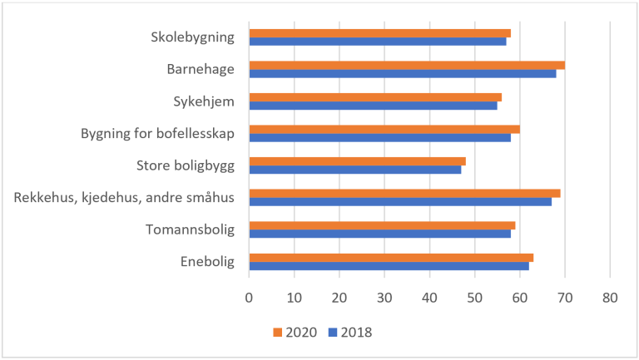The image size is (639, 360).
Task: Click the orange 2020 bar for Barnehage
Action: pyautogui.click(x=407, y=65)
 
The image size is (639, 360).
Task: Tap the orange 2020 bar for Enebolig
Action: pyautogui.click(x=391, y=257)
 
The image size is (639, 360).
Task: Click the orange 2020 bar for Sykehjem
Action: pyautogui.click(x=375, y=97)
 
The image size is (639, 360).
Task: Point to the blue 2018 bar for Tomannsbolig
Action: pyautogui.click(x=379, y=234)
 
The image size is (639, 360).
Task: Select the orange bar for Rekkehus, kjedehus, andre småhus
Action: pyautogui.click(x=404, y=193)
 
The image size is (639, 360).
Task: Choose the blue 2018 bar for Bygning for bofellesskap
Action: pyautogui.click(x=379, y=137)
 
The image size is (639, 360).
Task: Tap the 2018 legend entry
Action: pyautogui.click(x=349, y=333)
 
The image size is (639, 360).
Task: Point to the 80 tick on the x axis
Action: pyautogui.click(x=610, y=296)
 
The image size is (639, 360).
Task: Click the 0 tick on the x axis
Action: pyautogui.click(x=249, y=296)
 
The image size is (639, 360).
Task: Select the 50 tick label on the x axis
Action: pyautogui.click(x=474, y=296)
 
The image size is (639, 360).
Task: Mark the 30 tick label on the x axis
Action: pyautogui.click(x=384, y=296)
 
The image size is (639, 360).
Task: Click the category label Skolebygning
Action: pyautogui.click(x=192, y=37)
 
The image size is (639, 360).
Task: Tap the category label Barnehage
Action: pyautogui.click(x=201, y=69)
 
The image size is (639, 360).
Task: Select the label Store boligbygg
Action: pyautogui.click(x=185, y=165)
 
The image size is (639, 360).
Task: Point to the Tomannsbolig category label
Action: pyautogui.click(x=190, y=229)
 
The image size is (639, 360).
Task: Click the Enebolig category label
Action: pyautogui.click(x=206, y=262)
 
